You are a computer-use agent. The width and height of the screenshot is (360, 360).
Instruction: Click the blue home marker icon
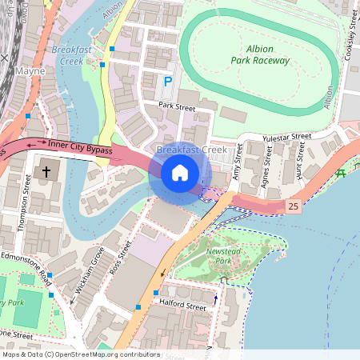[x=180, y=173]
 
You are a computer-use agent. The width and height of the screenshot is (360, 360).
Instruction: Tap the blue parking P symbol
[x=168, y=82]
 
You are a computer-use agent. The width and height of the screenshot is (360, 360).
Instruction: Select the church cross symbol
[x=46, y=172]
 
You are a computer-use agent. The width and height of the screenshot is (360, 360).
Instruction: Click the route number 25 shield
[x=294, y=206]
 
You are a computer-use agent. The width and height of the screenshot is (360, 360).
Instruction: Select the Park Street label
[x=177, y=106]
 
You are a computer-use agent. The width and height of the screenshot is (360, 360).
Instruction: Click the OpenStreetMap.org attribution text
[x=104, y=354]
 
